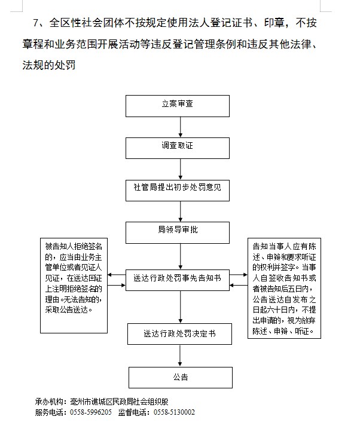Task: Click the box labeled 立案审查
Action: [x=178, y=105]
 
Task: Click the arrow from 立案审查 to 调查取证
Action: [x=181, y=126]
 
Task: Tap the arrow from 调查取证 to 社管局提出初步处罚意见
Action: [x=181, y=168]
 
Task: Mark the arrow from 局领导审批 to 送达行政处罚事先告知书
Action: [x=181, y=254]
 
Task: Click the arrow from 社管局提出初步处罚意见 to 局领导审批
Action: [x=181, y=210]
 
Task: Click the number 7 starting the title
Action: [x=36, y=24]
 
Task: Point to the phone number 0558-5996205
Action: [x=90, y=412]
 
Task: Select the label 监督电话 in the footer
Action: [x=133, y=412]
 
